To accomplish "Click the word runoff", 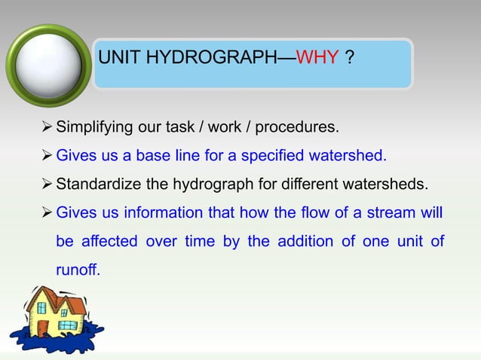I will (x=77, y=270).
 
